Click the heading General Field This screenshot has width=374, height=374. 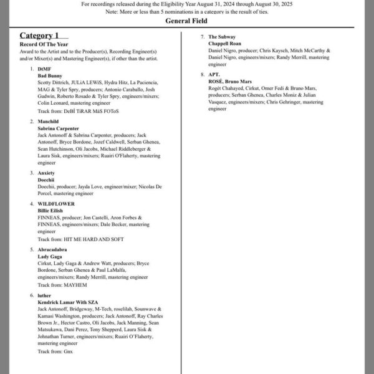click(187, 21)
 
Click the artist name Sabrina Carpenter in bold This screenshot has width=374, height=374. click(59, 128)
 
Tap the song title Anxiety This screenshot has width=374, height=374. click(47, 173)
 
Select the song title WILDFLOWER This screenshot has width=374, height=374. click(56, 204)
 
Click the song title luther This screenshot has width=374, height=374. click(45, 295)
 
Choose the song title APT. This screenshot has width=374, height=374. click(215, 75)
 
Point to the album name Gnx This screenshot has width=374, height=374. click(69, 352)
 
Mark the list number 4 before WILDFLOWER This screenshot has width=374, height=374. click(32, 204)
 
